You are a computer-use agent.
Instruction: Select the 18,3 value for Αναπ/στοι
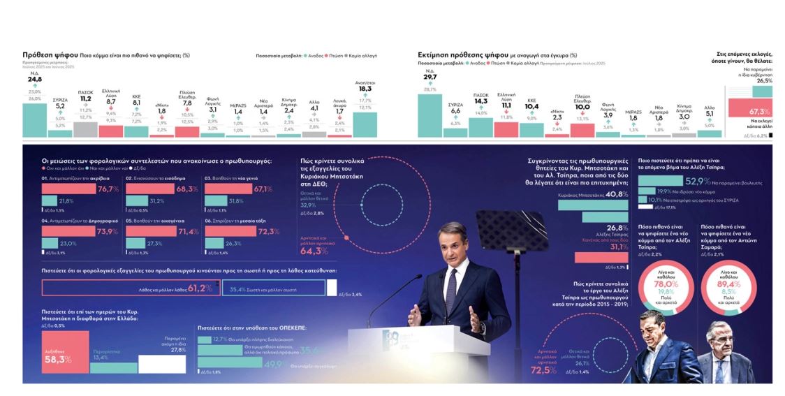click(365, 89)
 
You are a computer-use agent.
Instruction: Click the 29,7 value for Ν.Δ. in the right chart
click(430, 77)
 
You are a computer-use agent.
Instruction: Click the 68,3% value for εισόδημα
click(188, 189)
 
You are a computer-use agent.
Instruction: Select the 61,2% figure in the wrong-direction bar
click(200, 288)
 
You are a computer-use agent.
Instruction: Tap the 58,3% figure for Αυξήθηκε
click(57, 359)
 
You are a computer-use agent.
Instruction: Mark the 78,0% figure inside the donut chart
click(666, 285)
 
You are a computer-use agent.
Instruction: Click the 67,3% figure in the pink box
click(758, 111)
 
